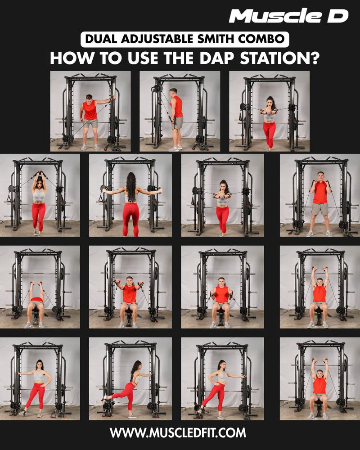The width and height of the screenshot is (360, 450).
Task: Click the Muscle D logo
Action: click(288, 16)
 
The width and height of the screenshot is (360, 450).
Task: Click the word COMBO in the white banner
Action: click(261, 39)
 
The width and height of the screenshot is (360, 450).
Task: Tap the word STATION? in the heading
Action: click(279, 58)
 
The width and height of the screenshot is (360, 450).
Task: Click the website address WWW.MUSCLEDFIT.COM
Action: click(178, 432)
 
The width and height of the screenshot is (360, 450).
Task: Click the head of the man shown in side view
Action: click(173, 92)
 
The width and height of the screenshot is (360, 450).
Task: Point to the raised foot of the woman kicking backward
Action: click(104, 398)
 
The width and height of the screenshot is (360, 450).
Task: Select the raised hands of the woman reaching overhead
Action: click(40, 173)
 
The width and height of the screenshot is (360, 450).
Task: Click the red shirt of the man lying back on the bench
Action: click(36, 299)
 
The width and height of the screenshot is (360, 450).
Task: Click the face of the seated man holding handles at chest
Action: click(221, 282)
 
